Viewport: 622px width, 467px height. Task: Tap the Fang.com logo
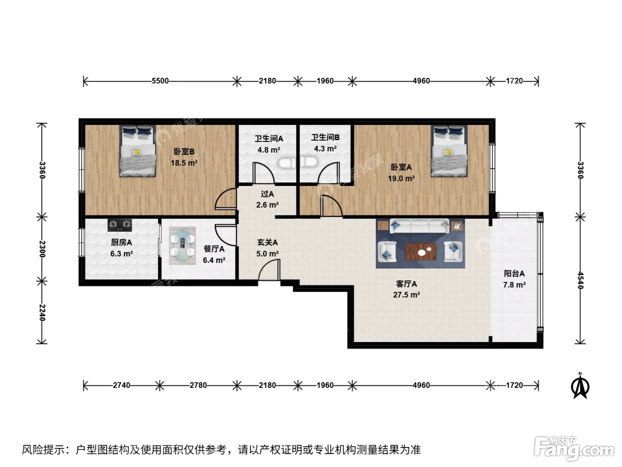[574, 449]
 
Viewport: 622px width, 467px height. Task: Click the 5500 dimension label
[160, 81]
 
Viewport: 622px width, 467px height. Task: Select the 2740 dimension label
[122, 385]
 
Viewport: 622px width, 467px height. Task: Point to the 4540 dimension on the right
[581, 280]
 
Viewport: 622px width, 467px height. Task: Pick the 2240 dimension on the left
[42, 313]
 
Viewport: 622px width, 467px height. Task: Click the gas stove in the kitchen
[120, 225]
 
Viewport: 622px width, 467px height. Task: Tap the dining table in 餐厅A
[183, 246]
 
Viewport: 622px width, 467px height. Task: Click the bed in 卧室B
[137, 151]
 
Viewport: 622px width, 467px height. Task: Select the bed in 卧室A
[449, 151]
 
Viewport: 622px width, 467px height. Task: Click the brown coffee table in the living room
[421, 251]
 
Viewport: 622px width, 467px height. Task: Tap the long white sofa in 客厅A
[419, 226]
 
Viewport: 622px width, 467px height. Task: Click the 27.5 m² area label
[407, 295]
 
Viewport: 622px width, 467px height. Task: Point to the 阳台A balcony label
[514, 274]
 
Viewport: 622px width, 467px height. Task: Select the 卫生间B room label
[325, 137]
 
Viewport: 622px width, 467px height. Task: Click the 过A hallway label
[267, 194]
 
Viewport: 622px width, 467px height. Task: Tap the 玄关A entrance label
[267, 242]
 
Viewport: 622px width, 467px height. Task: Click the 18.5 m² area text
[184, 163]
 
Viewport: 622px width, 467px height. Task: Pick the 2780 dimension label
[198, 385]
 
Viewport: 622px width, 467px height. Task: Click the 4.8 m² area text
[269, 150]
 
